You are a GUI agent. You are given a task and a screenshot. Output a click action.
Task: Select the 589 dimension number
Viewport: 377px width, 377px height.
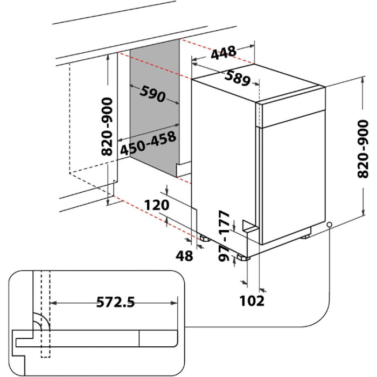click(237, 78)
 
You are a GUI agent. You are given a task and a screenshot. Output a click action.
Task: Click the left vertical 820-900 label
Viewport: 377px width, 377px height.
click(107, 127)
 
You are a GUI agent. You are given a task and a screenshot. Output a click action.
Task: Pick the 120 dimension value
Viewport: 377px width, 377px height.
click(157, 205)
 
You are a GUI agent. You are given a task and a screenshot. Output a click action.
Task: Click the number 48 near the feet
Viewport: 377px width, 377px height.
click(185, 256)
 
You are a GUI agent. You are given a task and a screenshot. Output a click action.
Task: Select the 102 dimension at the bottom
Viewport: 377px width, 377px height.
click(252, 300)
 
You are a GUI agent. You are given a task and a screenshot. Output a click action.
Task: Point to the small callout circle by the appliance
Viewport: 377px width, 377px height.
click(329, 225)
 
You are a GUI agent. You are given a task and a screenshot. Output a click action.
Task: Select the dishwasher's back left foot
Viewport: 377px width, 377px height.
click(205, 238)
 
